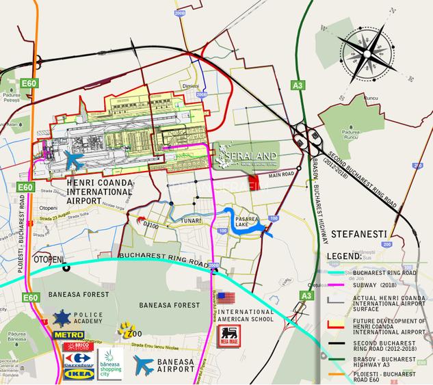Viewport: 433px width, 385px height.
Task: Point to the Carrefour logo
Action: [77, 360]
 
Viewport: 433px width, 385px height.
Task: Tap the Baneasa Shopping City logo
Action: [109, 363]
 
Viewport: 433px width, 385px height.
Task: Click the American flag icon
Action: [226, 298]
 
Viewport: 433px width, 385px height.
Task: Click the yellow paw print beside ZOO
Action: [124, 330]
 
